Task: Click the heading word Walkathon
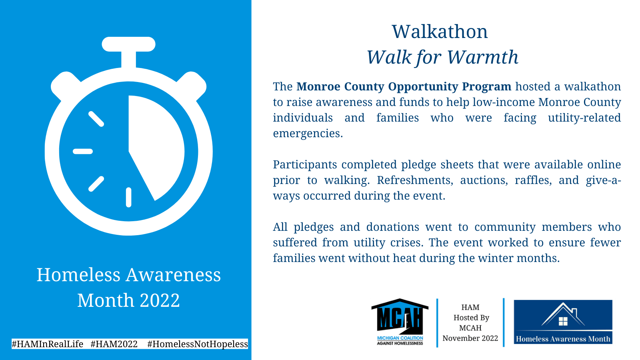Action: coord(440,32)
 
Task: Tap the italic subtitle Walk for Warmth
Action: coord(442,58)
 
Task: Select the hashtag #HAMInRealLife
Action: coord(48,344)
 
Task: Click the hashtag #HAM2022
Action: coord(114,344)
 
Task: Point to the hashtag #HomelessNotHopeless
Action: coord(198,344)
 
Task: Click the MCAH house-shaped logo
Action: coord(400,322)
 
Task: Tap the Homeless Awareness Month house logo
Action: coord(563,322)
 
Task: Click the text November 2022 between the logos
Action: coord(470,338)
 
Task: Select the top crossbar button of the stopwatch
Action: coord(128,44)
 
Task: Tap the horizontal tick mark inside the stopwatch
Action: coord(83,152)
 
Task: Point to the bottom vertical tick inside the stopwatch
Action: coord(128,197)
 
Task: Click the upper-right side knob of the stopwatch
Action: coord(192,85)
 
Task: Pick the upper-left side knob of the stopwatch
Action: coord(66,85)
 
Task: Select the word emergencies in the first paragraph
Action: coord(308,134)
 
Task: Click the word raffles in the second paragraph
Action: coord(533,180)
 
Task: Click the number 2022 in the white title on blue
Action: coord(160,300)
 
